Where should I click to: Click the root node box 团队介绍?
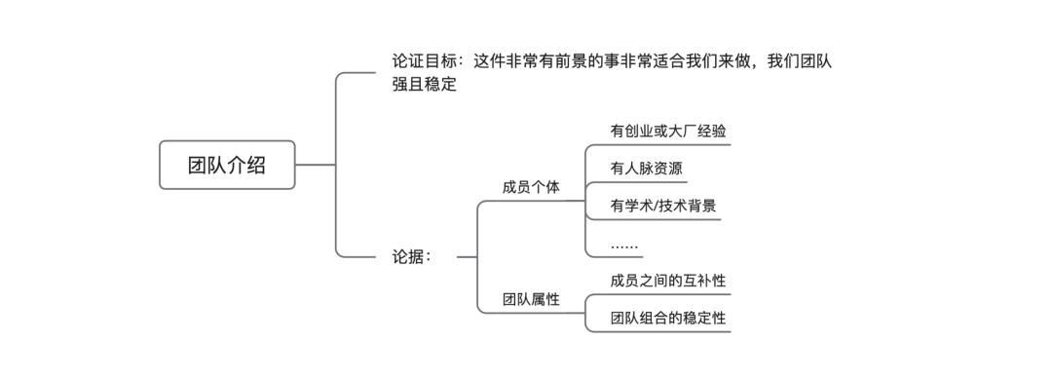227,165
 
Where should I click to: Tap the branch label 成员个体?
531,187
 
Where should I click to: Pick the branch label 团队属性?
531,299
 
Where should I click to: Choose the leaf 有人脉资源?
646,168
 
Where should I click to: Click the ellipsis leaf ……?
624,245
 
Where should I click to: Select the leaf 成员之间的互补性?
667,281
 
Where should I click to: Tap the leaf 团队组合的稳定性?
667,318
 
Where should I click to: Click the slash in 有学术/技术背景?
657,206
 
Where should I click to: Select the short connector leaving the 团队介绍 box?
314,165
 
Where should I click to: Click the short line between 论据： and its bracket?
466,257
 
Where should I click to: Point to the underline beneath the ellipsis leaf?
614,258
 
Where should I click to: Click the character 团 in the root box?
198,165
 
